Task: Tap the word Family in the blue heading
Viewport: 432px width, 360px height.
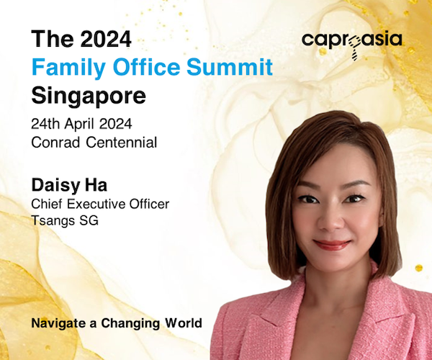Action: pos(68,68)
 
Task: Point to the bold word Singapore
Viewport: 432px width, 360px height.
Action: pos(89,96)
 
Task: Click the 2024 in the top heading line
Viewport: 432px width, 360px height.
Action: pos(106,39)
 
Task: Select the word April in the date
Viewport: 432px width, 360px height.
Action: pos(80,125)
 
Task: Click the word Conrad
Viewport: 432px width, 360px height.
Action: pos(55,143)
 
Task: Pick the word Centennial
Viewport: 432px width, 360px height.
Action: pos(122,143)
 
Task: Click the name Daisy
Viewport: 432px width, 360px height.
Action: pos(56,186)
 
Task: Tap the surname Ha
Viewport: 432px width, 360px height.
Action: pos(96,185)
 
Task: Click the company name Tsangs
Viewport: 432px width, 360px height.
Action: pos(53,221)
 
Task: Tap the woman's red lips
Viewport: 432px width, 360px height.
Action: pos(332,245)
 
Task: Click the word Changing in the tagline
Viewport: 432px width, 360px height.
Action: pos(130,324)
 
